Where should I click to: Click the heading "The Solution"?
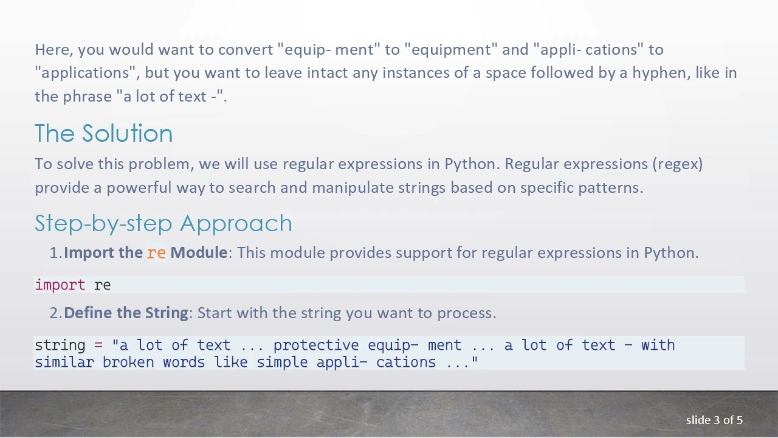[103, 134]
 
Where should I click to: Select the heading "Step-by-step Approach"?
[163, 223]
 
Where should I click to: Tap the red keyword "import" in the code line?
[60, 285]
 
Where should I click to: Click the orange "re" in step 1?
[156, 252]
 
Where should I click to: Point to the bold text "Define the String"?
[126, 313]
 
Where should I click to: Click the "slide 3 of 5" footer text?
[714, 420]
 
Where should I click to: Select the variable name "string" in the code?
[60, 345]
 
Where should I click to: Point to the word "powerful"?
[139, 187]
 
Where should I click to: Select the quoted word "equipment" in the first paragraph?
[451, 49]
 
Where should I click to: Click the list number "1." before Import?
[55, 252]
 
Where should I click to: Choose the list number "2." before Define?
[55, 313]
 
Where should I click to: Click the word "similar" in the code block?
[64, 362]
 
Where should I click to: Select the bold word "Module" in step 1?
[198, 252]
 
